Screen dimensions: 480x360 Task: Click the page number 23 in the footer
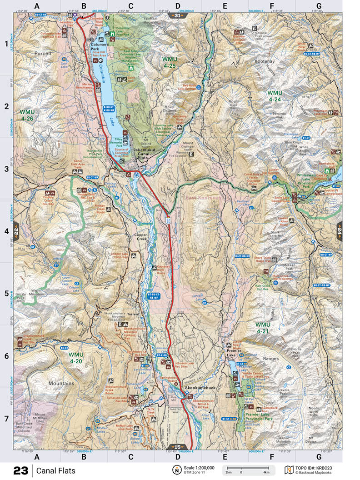tap(20, 470)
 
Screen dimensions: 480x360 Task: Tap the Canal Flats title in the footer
tap(56, 470)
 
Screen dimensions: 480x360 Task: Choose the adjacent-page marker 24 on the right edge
tap(339, 230)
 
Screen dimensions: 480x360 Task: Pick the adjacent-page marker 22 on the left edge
tap(16, 230)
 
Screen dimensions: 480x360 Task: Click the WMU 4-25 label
tap(170, 63)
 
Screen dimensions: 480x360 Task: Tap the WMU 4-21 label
tap(263, 328)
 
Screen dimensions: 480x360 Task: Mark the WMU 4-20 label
tap(76, 358)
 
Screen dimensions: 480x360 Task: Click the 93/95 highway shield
tap(169, 220)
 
